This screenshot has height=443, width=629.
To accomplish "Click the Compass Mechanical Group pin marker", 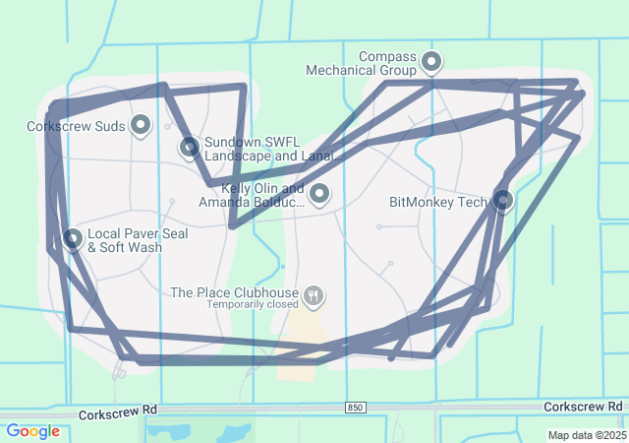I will (431, 64).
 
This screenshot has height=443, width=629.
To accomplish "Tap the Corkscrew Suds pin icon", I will (141, 125).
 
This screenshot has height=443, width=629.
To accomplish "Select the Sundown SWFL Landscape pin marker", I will (190, 148).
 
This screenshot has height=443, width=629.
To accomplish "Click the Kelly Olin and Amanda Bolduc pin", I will (318, 193).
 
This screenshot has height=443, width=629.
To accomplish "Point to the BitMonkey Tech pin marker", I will (503, 201).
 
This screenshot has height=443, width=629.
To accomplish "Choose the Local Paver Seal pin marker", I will (73, 238).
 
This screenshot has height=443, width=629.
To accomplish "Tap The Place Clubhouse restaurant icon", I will (314, 293).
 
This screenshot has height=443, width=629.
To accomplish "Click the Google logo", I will (32, 431).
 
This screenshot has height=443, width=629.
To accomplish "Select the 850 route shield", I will (355, 408).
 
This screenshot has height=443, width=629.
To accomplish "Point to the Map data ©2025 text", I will (586, 435).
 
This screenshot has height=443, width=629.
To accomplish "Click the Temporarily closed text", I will (251, 305).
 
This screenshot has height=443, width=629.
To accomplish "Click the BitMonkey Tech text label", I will (437, 202).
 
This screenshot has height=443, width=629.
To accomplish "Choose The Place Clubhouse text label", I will (234, 292).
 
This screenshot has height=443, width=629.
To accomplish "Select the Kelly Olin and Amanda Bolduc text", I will (250, 195).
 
